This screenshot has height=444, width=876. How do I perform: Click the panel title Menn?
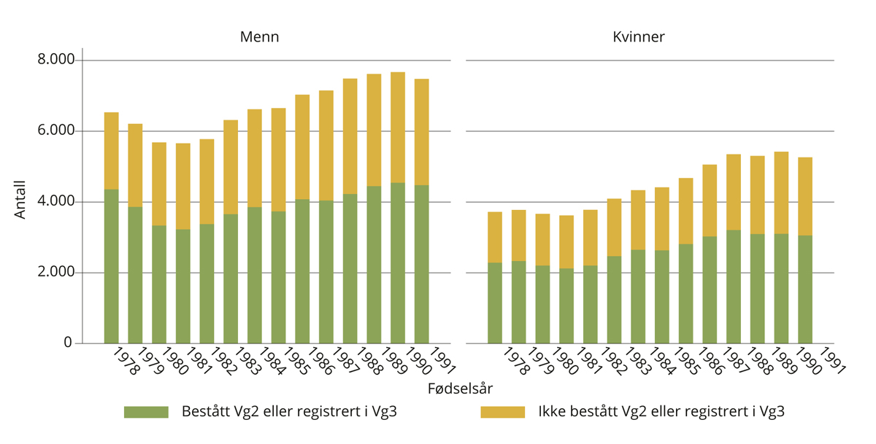(259, 36)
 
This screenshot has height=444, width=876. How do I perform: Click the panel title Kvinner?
(639, 36)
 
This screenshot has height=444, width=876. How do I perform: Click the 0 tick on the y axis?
(68, 343)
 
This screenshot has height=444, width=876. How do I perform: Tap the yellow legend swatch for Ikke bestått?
(502, 412)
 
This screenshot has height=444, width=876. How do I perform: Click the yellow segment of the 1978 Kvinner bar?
(494, 237)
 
